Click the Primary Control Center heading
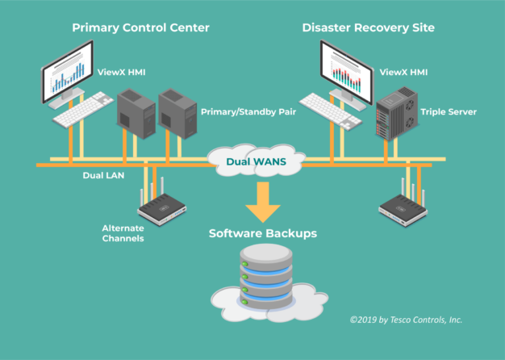pos(140,27)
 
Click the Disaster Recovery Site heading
pos(368,27)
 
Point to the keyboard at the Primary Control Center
pos(84,110)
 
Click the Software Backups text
pos(262,234)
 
